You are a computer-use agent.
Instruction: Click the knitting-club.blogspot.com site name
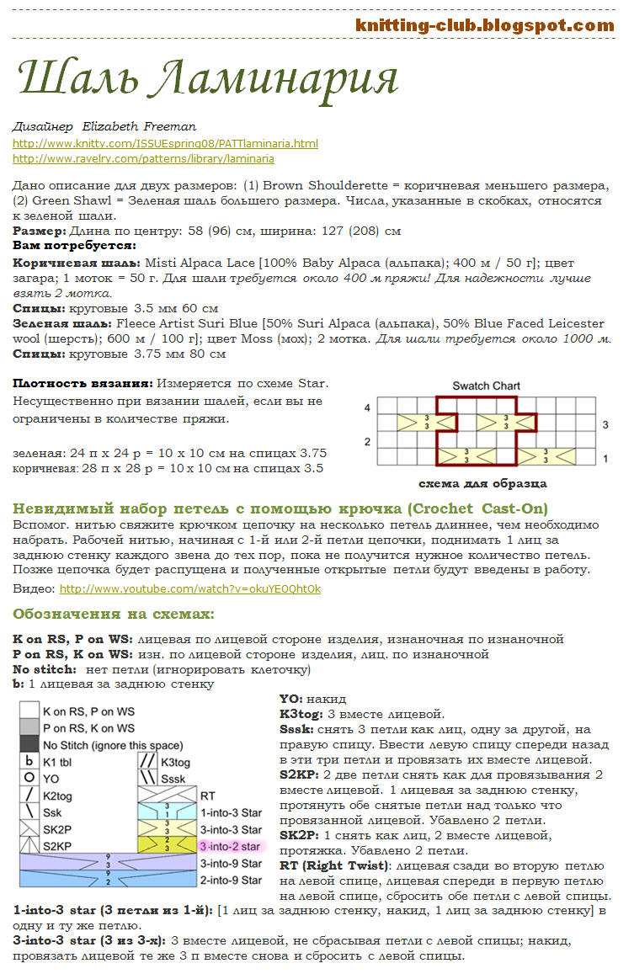[x=484, y=25]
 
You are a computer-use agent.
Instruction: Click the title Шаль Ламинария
[x=207, y=78]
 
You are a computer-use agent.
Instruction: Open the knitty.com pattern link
[x=165, y=144]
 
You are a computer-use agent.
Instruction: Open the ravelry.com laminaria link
[x=143, y=158]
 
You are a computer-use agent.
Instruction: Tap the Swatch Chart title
[x=486, y=386]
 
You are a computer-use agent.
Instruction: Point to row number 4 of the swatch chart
[x=367, y=407]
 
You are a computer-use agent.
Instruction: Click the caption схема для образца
[x=482, y=483]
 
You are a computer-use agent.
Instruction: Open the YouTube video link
[x=189, y=588]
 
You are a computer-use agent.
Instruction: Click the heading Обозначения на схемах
[x=114, y=614]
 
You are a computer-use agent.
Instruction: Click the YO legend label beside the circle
[x=51, y=779]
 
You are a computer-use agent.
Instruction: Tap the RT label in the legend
[x=208, y=795]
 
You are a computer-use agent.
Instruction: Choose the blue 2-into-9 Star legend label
[x=231, y=880]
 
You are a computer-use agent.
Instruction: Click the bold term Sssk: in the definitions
[x=296, y=729]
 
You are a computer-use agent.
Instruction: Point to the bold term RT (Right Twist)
[x=335, y=865]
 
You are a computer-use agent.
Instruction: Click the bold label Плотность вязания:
[x=82, y=383]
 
